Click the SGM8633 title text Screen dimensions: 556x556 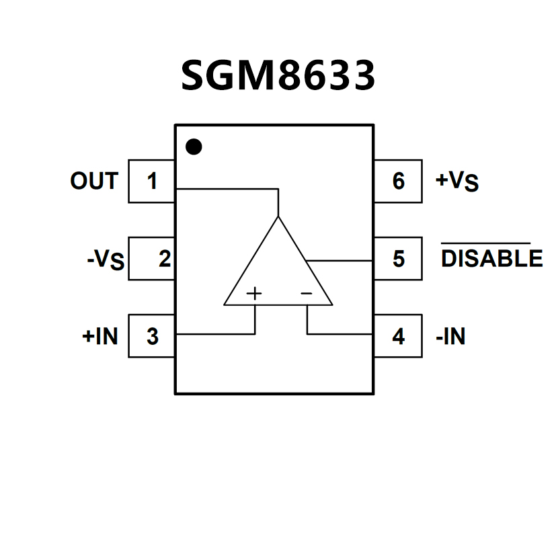(x=278, y=75)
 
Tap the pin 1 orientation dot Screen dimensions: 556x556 (x=194, y=146)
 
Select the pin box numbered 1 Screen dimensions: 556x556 (x=152, y=181)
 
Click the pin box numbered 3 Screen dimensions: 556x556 (x=152, y=336)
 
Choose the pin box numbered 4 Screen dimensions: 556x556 (x=398, y=336)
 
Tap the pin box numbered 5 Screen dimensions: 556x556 (x=398, y=259)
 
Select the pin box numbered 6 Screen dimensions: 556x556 (x=398, y=181)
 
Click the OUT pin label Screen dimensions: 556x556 (x=94, y=181)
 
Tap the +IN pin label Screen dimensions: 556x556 (x=100, y=336)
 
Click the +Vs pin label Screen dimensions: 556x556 (x=457, y=182)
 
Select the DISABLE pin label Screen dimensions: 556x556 (x=491, y=259)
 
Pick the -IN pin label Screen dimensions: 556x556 (x=450, y=336)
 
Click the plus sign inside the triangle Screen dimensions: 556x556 (x=254, y=293)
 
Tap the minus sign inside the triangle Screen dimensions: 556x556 (x=306, y=293)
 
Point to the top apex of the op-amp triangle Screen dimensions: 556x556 (x=278, y=218)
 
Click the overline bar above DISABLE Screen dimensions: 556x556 (x=485, y=243)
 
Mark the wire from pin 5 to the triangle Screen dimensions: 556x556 (x=340, y=260)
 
